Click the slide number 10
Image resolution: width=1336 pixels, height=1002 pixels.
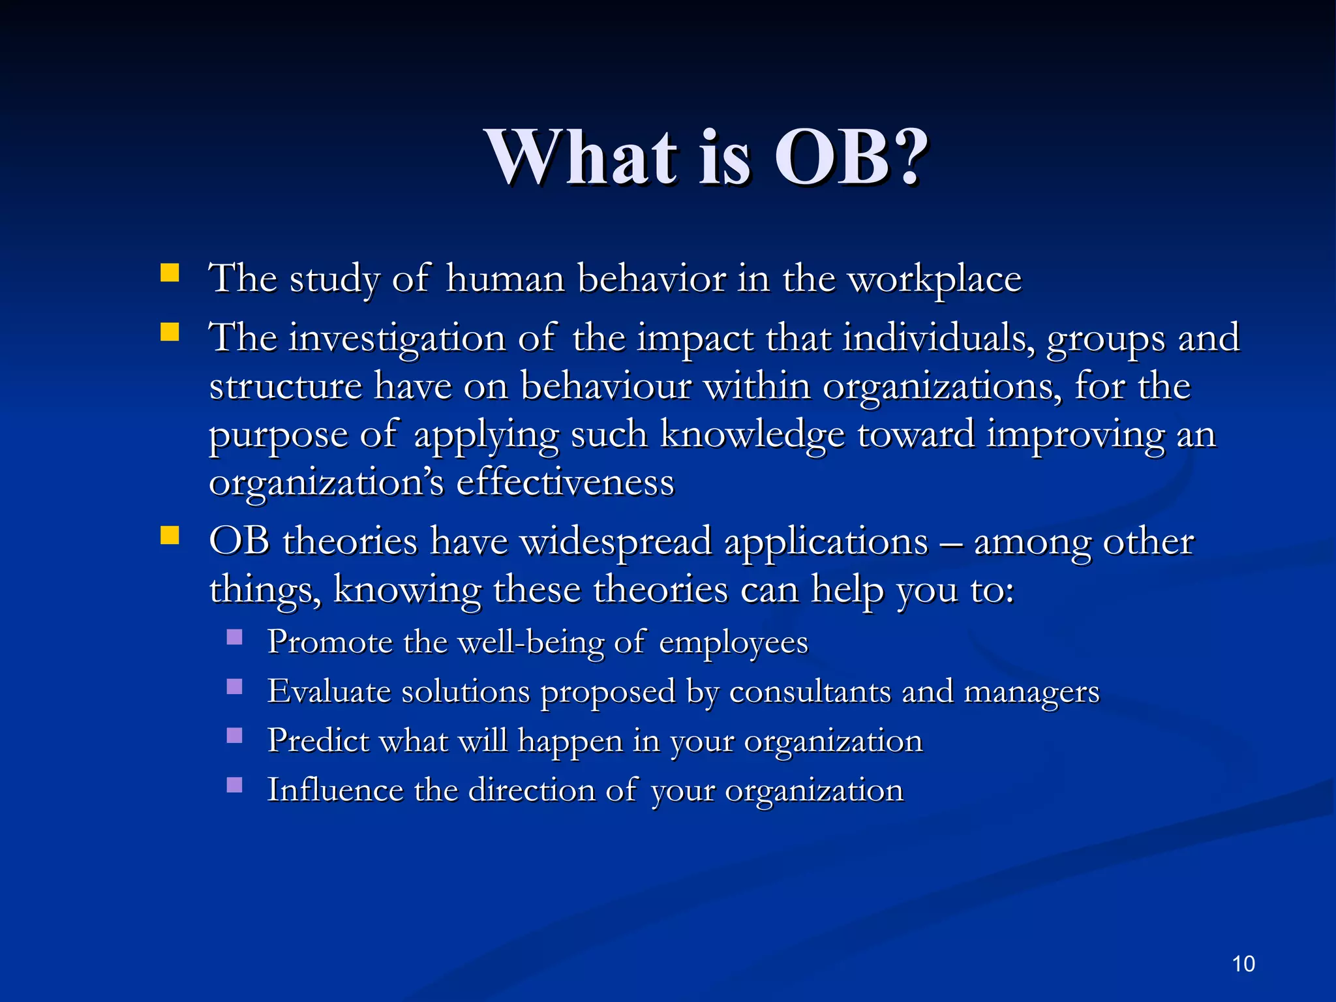point(1243,964)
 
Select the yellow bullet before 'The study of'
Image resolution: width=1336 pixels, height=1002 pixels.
point(170,273)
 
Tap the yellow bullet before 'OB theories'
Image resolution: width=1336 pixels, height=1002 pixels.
point(170,536)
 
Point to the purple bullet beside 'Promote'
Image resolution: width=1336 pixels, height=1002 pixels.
point(235,637)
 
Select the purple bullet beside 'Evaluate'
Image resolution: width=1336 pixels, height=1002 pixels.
point(235,686)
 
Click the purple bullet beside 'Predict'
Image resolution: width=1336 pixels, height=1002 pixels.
point(235,736)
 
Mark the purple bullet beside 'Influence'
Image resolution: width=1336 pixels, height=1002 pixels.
point(235,785)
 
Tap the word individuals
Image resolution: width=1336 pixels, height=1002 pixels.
point(937,339)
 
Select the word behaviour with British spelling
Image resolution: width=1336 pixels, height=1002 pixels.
point(605,387)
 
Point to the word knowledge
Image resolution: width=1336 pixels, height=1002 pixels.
point(752,435)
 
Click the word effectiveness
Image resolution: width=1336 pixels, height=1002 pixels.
point(565,483)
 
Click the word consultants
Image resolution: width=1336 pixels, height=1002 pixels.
point(810,691)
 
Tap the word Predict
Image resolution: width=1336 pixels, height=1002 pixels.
point(318,741)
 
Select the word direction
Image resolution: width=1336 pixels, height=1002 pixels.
point(531,790)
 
